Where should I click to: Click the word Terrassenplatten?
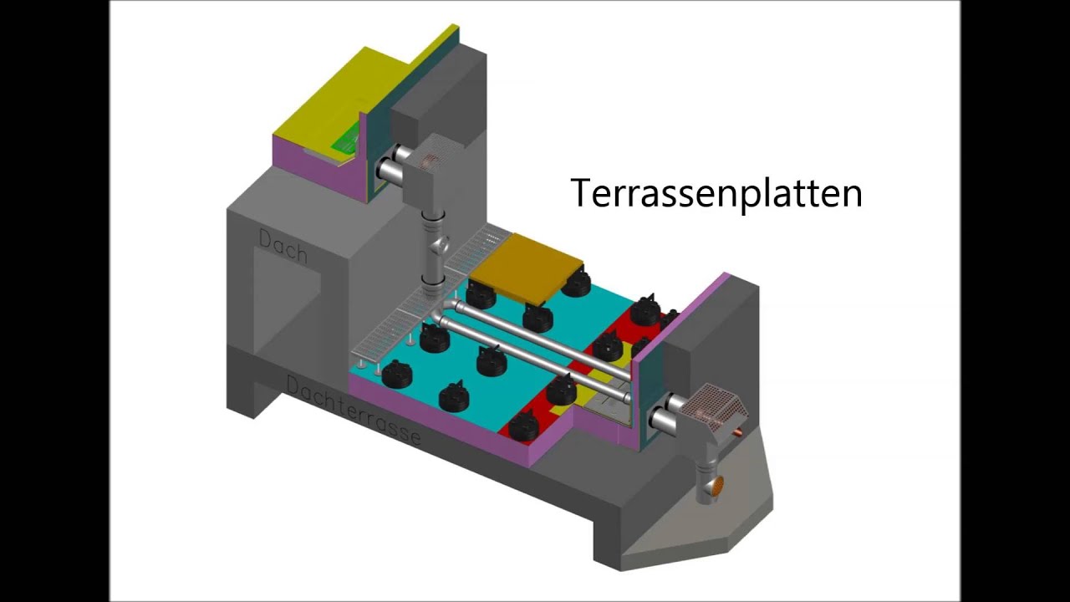pos(716,192)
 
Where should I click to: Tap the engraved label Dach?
pos(283,247)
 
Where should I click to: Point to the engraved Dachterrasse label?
pos(354,410)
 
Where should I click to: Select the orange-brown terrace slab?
pos(527,267)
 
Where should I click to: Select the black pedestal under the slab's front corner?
pos(538,318)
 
